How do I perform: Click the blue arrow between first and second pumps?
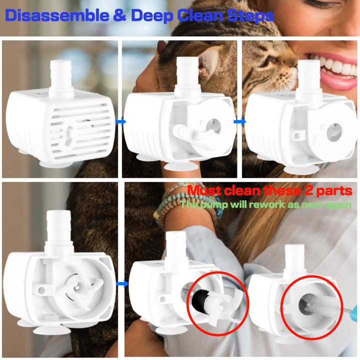(x=120, y=121)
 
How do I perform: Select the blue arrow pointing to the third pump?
(x=240, y=121)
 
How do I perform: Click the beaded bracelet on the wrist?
(x=170, y=205)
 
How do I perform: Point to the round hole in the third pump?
(x=332, y=132)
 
